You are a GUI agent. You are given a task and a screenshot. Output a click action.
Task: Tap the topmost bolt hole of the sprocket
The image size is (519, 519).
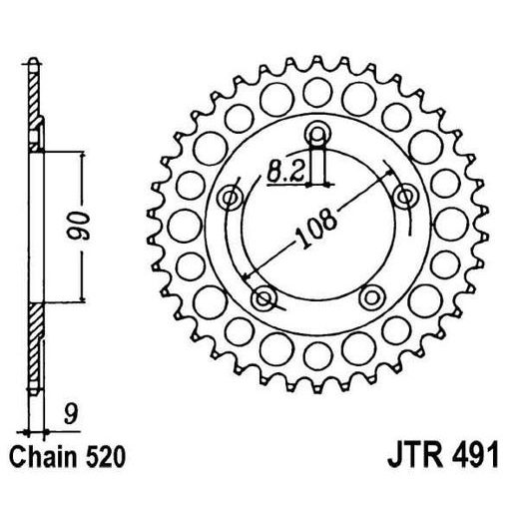[318, 136]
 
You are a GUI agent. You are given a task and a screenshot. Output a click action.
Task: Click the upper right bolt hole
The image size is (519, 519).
[405, 196]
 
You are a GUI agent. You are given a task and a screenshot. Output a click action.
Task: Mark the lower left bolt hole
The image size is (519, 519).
[264, 296]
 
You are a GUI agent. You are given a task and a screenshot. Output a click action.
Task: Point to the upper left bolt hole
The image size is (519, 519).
[232, 197]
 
